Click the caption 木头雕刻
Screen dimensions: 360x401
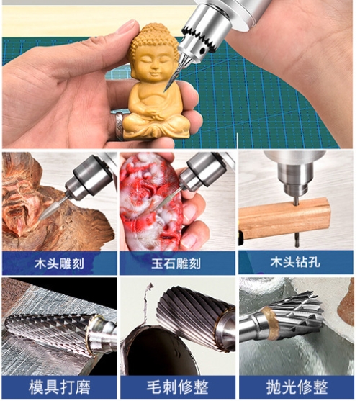click(59, 263)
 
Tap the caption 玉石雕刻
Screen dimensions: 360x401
click(176, 263)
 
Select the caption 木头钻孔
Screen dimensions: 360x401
click(295, 262)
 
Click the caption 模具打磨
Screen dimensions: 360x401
click(59, 387)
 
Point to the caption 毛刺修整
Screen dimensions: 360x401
click(177, 387)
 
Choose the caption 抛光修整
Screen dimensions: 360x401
click(297, 387)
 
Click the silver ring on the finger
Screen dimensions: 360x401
click(119, 125)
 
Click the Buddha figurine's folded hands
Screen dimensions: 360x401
click(156, 114)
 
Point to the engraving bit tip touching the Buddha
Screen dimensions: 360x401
click(166, 89)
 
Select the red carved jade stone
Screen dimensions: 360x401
click(151, 202)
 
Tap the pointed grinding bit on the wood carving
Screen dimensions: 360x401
click(52, 208)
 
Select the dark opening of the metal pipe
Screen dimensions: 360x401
click(163, 353)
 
